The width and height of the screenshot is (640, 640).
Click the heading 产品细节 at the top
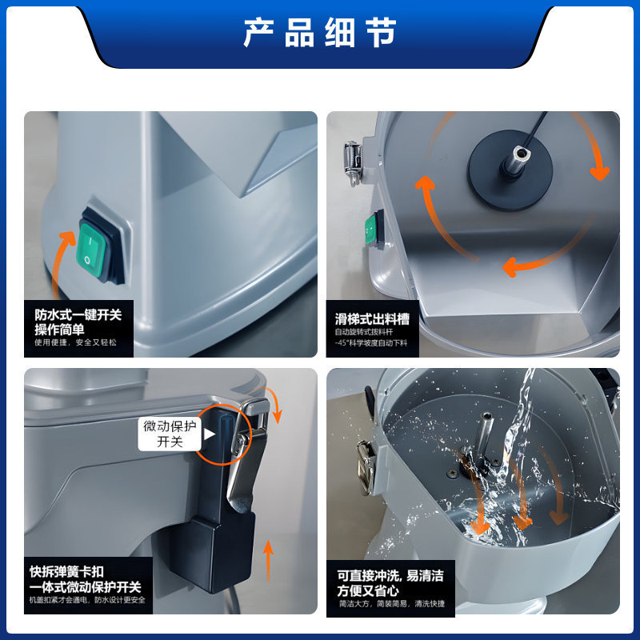point(320,34)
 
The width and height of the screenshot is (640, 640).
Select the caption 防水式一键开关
point(78,315)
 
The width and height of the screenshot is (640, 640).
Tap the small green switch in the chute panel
point(371,229)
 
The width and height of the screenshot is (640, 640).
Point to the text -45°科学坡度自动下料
point(371,342)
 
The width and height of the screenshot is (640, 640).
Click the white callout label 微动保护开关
point(170,433)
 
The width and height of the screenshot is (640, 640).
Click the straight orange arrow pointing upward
point(268,559)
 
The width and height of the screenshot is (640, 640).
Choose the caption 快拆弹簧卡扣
point(72,572)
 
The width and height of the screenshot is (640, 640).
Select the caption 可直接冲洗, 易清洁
point(390,575)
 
